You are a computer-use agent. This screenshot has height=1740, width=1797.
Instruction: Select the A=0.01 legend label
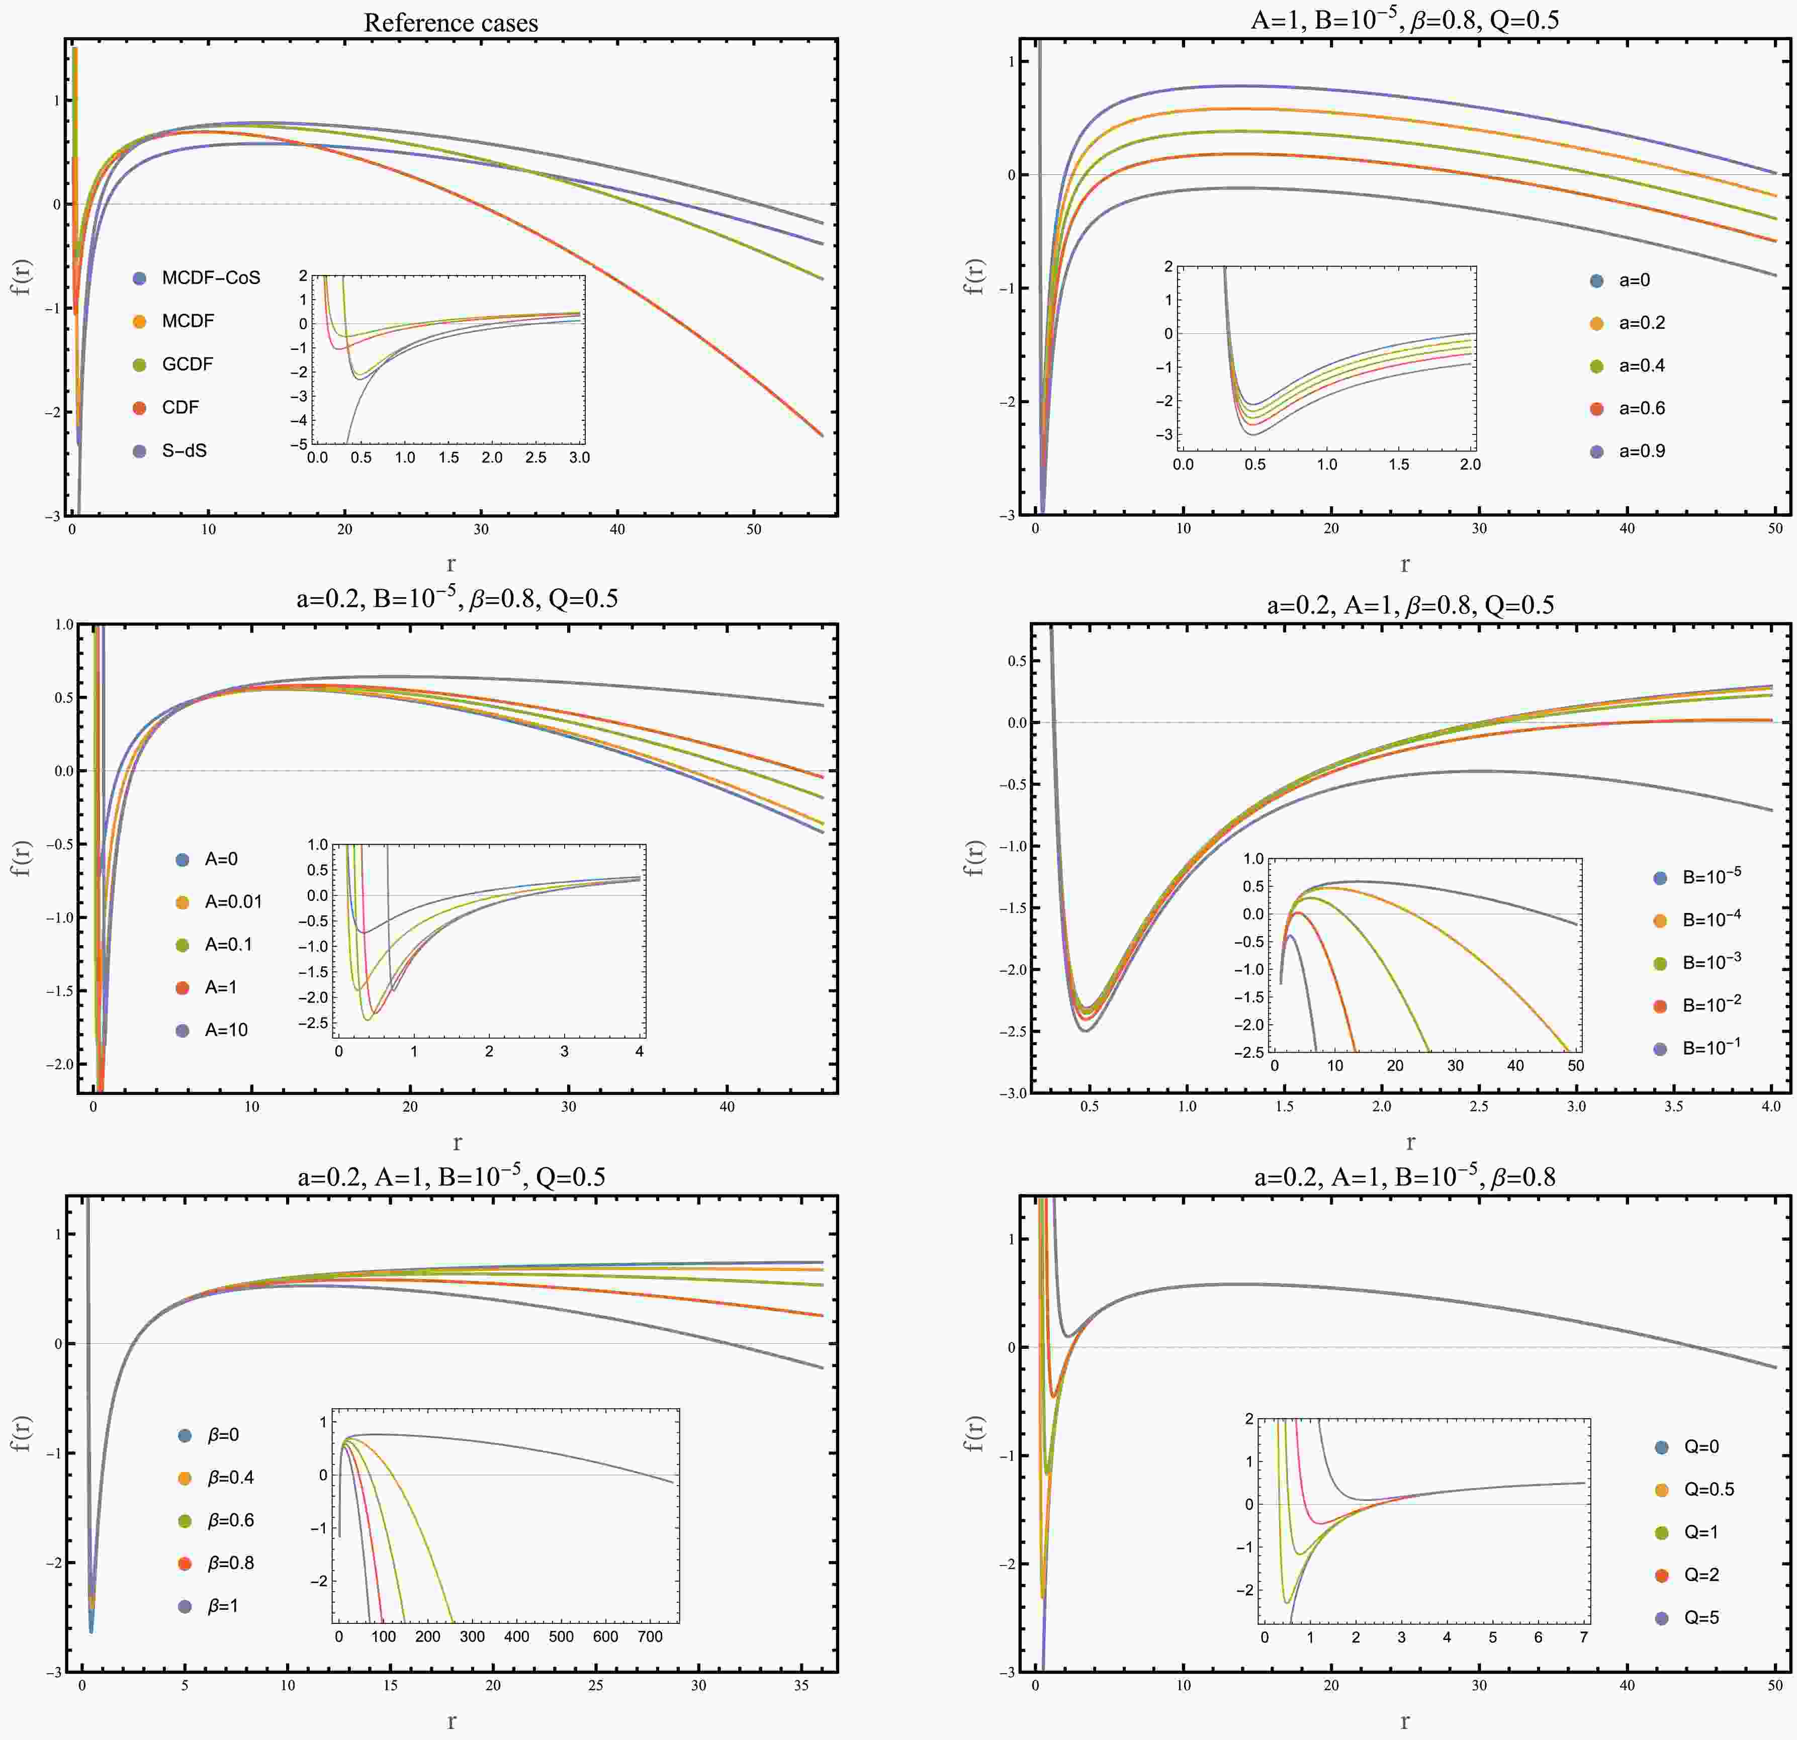[233, 902]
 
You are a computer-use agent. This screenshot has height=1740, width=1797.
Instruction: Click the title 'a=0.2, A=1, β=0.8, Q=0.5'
[1410, 605]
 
